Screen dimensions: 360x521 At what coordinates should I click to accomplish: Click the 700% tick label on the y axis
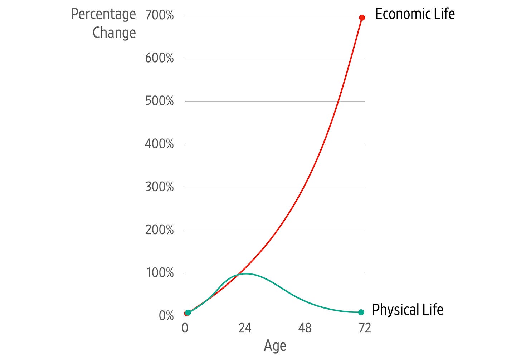[159, 15]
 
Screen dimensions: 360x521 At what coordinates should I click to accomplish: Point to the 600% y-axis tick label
[159, 58]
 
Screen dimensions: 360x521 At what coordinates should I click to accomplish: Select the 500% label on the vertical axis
[159, 101]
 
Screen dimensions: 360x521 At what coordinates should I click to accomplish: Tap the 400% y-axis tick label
[159, 144]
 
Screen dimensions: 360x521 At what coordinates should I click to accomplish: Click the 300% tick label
[159, 187]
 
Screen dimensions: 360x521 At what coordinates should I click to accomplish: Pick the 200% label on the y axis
[159, 230]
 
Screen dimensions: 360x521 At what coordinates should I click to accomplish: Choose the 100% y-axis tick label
[160, 273]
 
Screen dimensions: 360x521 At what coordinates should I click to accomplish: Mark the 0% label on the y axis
[166, 316]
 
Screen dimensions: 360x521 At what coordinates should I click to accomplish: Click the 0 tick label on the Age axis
[185, 328]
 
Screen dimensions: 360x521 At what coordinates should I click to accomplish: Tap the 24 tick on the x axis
[245, 328]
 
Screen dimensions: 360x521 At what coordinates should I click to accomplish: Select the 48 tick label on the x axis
[305, 328]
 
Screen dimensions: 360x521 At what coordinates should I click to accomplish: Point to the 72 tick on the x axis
[365, 328]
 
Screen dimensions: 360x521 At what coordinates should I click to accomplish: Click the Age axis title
[275, 346]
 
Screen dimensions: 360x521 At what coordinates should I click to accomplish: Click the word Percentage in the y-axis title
[103, 15]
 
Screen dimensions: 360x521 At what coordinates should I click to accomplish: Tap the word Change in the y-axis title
[114, 33]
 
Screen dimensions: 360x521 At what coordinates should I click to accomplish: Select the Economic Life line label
[415, 14]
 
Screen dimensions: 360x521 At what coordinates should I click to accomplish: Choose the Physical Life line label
[408, 310]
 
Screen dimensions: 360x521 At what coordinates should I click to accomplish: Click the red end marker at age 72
[362, 18]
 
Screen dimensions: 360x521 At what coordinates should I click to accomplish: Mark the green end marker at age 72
[361, 312]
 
